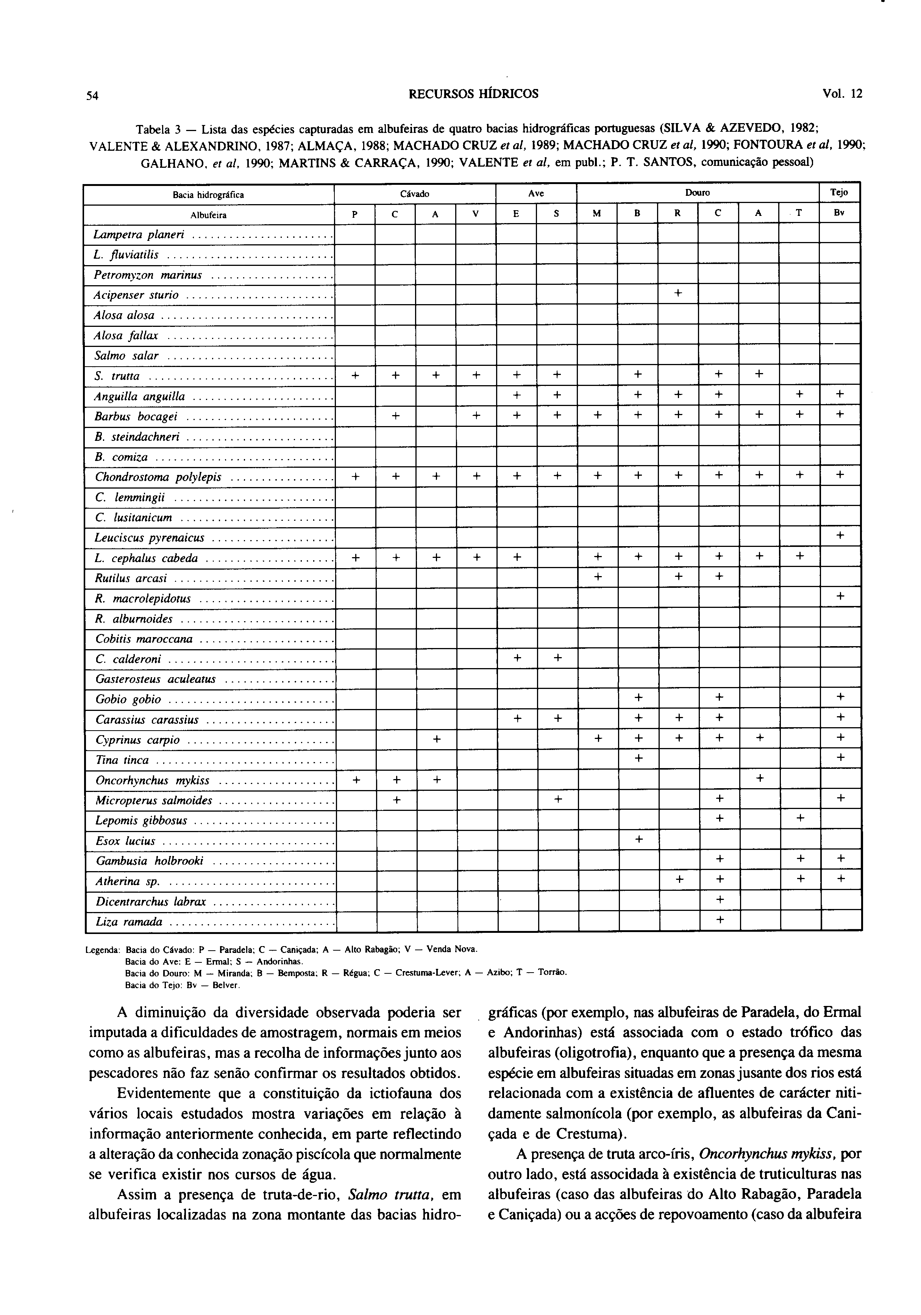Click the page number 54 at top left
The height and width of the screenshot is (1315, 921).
(93, 96)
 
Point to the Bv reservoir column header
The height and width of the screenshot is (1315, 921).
(839, 214)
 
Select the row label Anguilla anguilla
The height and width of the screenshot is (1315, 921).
(140, 396)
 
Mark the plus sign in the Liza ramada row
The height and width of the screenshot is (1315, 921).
(720, 920)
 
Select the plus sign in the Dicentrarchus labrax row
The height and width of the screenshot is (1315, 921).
(720, 900)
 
